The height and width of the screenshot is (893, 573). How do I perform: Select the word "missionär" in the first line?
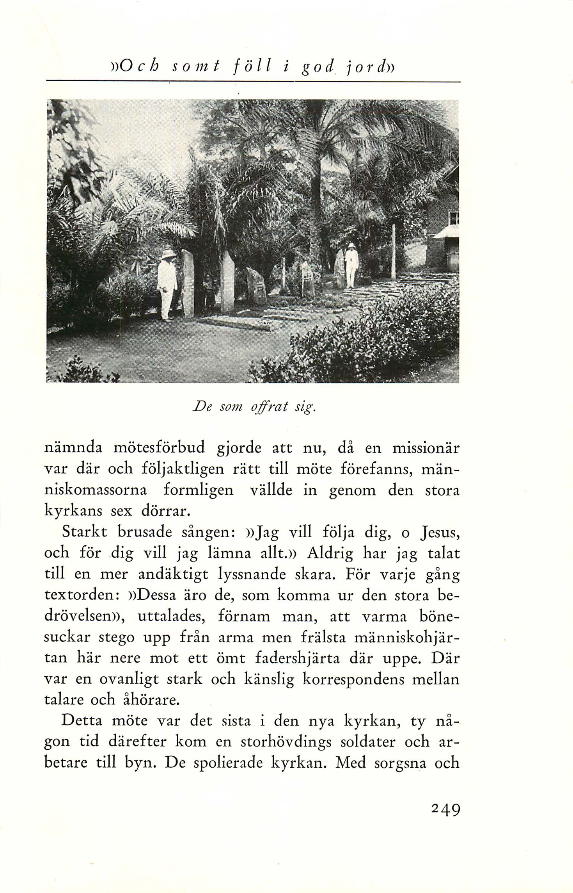click(x=426, y=448)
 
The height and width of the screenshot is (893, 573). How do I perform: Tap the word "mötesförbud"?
click(x=159, y=448)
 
